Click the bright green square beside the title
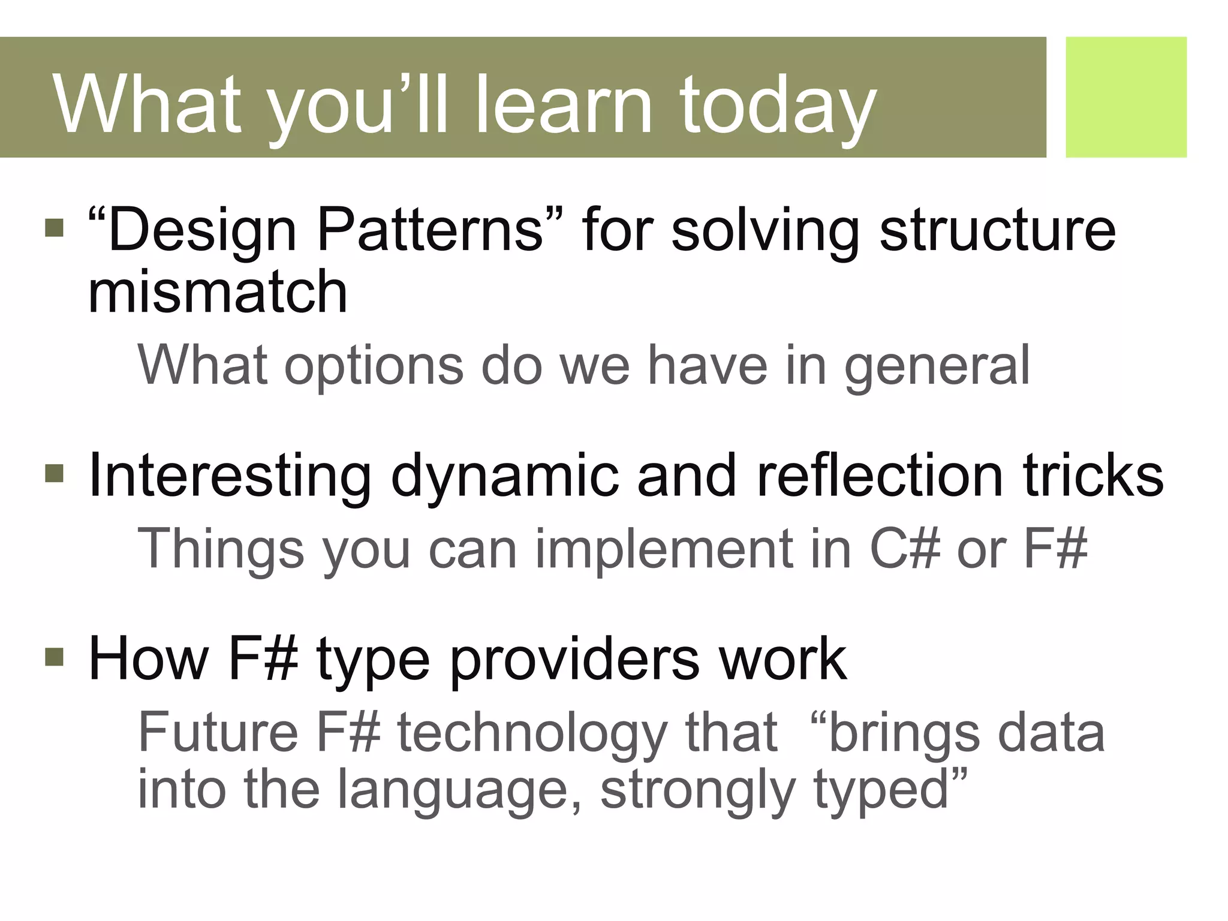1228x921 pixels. tap(1125, 97)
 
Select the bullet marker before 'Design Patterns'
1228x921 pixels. tap(54, 228)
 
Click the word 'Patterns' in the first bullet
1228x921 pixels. tap(429, 230)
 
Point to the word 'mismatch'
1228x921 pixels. tap(218, 292)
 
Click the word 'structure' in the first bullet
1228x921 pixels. tap(997, 231)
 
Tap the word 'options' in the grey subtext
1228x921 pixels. tap(374, 367)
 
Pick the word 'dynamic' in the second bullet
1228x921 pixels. tap(504, 477)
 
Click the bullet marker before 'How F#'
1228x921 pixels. tap(54, 657)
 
